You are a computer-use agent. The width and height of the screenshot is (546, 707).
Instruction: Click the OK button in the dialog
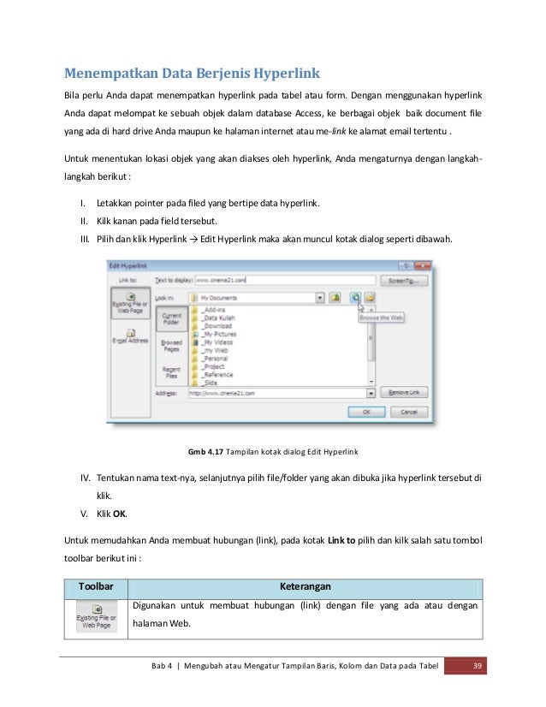pyautogui.click(x=366, y=412)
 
